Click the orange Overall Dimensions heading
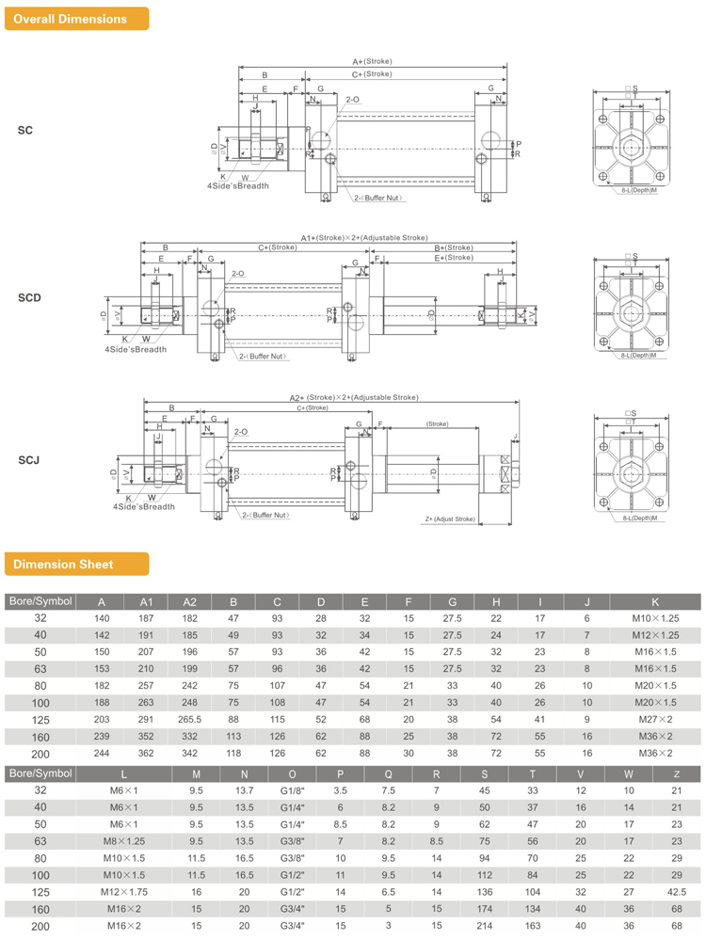click(72, 19)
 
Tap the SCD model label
click(29, 298)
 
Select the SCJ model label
click(29, 461)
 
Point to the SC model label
click(25, 130)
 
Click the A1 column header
click(146, 601)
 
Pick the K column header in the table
click(654, 601)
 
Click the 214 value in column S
click(486, 926)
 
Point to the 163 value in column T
click(533, 926)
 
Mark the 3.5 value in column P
click(341, 789)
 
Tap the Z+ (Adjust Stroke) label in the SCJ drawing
click(449, 518)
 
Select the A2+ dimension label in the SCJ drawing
click(353, 398)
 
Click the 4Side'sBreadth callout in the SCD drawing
click(135, 349)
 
